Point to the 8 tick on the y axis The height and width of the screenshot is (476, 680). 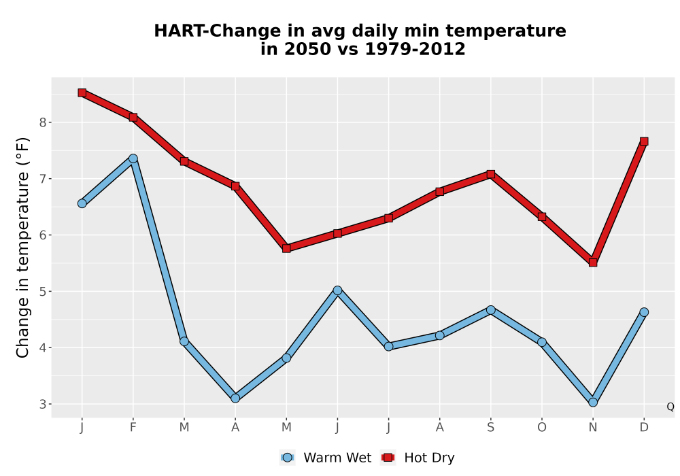[x=42, y=122]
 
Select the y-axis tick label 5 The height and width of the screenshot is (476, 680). [x=42, y=291]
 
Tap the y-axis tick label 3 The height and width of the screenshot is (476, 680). [x=42, y=404]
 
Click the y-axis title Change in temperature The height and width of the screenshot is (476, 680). [x=22, y=248]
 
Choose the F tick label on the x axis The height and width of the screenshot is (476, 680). [x=133, y=428]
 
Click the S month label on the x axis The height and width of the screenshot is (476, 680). [x=490, y=428]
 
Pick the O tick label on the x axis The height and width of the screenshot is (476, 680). [x=542, y=428]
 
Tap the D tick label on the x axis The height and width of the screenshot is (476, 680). [x=644, y=428]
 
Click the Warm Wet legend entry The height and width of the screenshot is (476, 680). [x=326, y=458]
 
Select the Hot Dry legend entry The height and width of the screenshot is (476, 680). [x=418, y=458]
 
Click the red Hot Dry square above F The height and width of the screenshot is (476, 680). [x=133, y=117]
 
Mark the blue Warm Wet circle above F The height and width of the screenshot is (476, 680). [x=133, y=158]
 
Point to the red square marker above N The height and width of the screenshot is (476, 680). [x=593, y=262]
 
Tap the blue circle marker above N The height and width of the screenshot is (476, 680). [x=593, y=403]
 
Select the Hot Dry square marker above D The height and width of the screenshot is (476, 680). [x=644, y=141]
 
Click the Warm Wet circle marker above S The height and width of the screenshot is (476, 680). [x=490, y=310]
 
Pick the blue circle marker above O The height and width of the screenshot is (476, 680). [x=542, y=342]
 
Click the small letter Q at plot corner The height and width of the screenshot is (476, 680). [x=670, y=407]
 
